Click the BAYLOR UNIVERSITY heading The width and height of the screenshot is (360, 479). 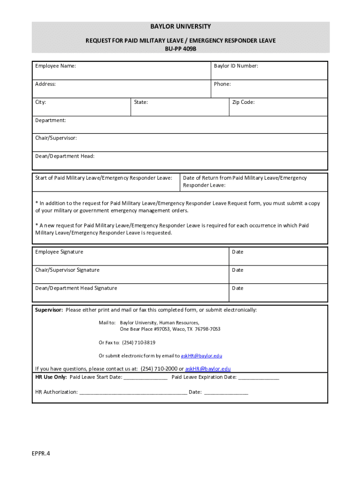[x=180, y=27]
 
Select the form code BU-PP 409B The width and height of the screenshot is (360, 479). [x=180, y=49]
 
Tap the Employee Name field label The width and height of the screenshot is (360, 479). [x=56, y=66]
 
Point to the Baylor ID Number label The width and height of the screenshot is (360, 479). [x=236, y=66]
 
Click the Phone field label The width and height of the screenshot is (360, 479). [x=222, y=84]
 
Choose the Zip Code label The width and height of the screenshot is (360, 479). [x=243, y=102]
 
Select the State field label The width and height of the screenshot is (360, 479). [x=141, y=102]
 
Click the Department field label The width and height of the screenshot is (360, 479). [x=50, y=120]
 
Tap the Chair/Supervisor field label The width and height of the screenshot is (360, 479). [x=56, y=138]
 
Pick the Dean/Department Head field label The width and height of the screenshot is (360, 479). [x=65, y=156]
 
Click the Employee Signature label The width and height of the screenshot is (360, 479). [x=59, y=252]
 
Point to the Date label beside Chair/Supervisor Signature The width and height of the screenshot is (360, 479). [x=238, y=270]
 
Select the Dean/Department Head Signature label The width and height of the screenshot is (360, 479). [x=76, y=288]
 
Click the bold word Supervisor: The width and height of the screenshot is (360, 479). [x=49, y=310]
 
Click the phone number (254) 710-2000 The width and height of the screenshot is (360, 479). [x=159, y=369]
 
